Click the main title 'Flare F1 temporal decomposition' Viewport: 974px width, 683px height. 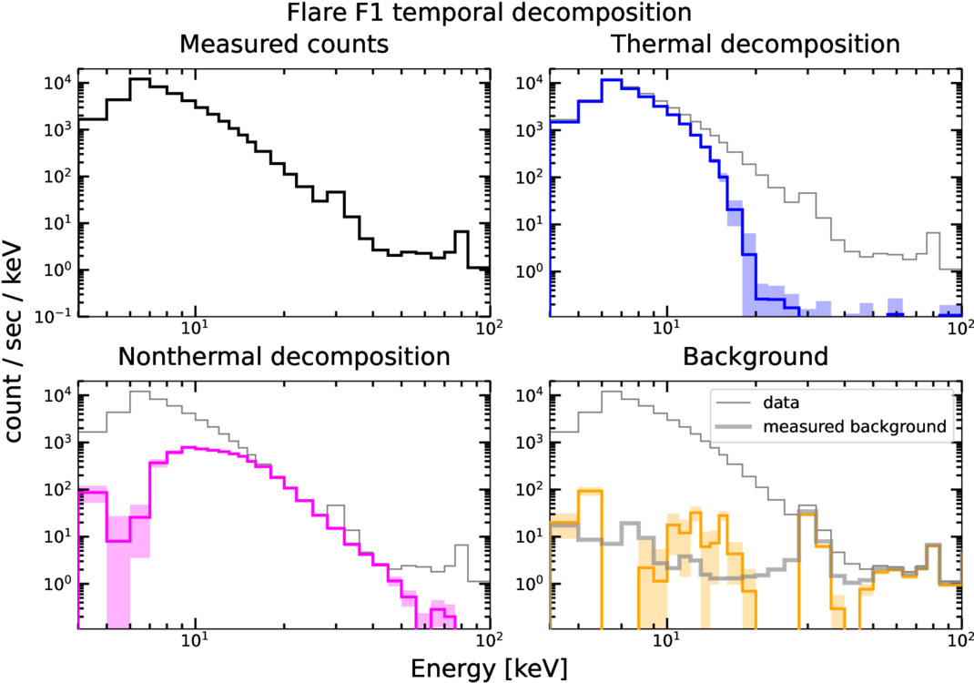point(487,14)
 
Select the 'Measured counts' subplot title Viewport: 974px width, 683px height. point(285,44)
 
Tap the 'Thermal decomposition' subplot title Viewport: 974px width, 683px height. point(756,44)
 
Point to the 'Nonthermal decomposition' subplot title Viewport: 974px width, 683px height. point(285,356)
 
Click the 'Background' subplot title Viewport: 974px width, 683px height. point(756,356)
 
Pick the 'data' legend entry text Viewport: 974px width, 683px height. point(783,402)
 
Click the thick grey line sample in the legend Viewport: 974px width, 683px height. point(734,426)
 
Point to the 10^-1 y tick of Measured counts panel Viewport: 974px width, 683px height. point(56,317)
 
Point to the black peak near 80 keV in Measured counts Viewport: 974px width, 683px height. point(462,232)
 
